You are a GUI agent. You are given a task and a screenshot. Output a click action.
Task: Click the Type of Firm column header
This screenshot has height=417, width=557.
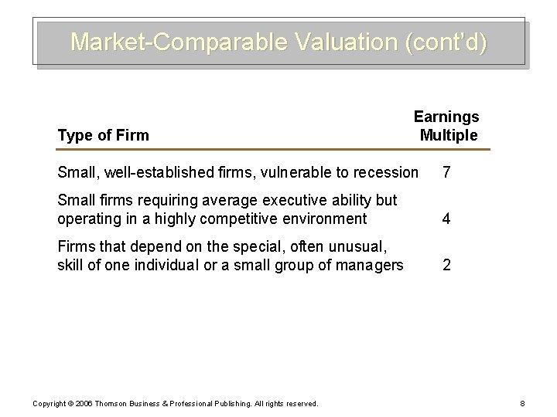tap(104, 136)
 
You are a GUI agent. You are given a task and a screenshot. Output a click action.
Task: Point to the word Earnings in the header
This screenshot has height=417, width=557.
tap(446, 117)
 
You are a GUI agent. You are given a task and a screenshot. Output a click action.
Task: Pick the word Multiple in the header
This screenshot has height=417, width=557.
tap(449, 136)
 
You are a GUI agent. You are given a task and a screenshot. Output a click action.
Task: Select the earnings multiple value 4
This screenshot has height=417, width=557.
tap(446, 219)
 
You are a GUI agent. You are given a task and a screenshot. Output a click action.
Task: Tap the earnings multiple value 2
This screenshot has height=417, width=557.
tap(446, 266)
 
